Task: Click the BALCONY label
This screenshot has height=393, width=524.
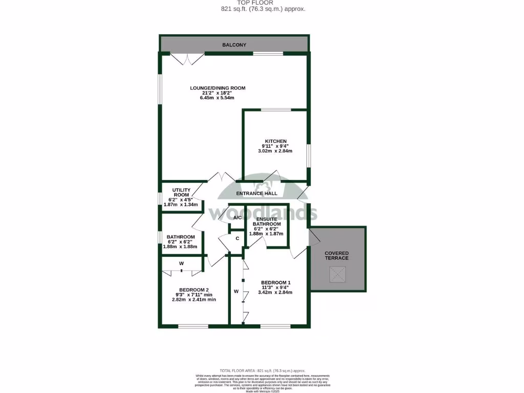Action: pyautogui.click(x=234, y=45)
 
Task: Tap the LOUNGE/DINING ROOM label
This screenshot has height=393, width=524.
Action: pyautogui.click(x=217, y=88)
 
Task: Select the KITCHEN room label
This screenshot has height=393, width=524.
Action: pyautogui.click(x=275, y=141)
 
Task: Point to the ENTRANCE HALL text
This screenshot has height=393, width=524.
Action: pyautogui.click(x=256, y=193)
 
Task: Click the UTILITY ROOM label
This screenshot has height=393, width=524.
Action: pyautogui.click(x=181, y=192)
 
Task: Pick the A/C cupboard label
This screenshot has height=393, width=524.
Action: pyautogui.click(x=237, y=218)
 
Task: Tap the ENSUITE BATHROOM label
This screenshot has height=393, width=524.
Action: pyautogui.click(x=268, y=222)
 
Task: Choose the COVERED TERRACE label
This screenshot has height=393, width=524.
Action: pyautogui.click(x=337, y=255)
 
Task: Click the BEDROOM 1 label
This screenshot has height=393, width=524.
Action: pyautogui.click(x=276, y=282)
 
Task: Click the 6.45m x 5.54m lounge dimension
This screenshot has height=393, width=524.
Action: pyautogui.click(x=217, y=98)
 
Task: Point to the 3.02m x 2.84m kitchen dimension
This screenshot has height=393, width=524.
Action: pyautogui.click(x=275, y=151)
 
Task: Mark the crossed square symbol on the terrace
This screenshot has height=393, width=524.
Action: pyautogui.click(x=337, y=276)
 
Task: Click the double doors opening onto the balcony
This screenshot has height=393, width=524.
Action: pyautogui.click(x=185, y=59)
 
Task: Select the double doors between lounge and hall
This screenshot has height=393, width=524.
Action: pyautogui.click(x=221, y=179)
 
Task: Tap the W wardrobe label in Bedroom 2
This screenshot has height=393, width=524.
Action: pyautogui.click(x=181, y=264)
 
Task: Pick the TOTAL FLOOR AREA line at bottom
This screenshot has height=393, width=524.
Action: pyautogui.click(x=262, y=370)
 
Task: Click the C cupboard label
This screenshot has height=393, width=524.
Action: pyautogui.click(x=237, y=238)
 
